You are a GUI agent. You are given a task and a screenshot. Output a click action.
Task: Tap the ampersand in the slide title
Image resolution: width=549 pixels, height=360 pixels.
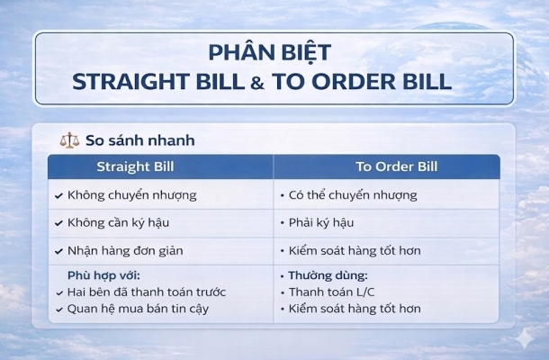[x=256, y=82]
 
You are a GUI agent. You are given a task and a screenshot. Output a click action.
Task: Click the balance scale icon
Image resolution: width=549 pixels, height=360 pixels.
[x=68, y=140]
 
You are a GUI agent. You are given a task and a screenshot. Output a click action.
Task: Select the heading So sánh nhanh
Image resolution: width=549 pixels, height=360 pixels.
[x=139, y=140]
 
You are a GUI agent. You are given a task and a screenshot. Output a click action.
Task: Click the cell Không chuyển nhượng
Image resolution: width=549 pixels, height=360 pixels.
[x=131, y=194]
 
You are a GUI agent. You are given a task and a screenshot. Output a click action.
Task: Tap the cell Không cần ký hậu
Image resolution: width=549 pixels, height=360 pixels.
[x=119, y=222]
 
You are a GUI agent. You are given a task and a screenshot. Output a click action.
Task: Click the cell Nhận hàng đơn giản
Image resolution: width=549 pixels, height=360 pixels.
[x=125, y=250]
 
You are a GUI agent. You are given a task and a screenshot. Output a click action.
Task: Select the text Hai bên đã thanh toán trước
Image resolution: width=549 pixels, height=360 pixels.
[x=147, y=292]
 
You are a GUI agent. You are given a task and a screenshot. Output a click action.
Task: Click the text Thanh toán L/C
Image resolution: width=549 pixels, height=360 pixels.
[x=331, y=292]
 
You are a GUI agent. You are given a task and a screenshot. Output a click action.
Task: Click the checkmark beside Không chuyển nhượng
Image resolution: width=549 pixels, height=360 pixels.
[x=58, y=195]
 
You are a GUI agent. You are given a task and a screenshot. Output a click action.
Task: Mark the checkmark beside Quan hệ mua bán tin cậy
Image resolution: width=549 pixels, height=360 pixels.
[x=58, y=310]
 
